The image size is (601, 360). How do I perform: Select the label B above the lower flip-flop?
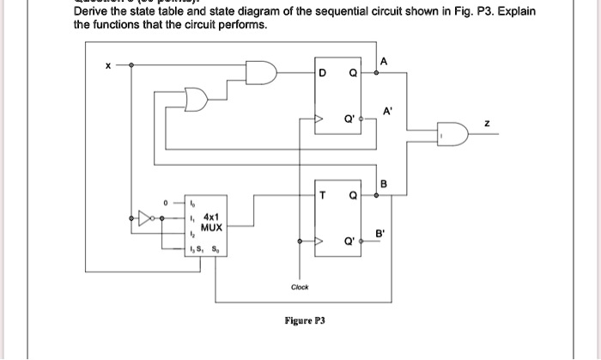[383, 182]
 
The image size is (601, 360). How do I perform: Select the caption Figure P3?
[305, 320]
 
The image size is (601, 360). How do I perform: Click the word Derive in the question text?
[92, 11]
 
